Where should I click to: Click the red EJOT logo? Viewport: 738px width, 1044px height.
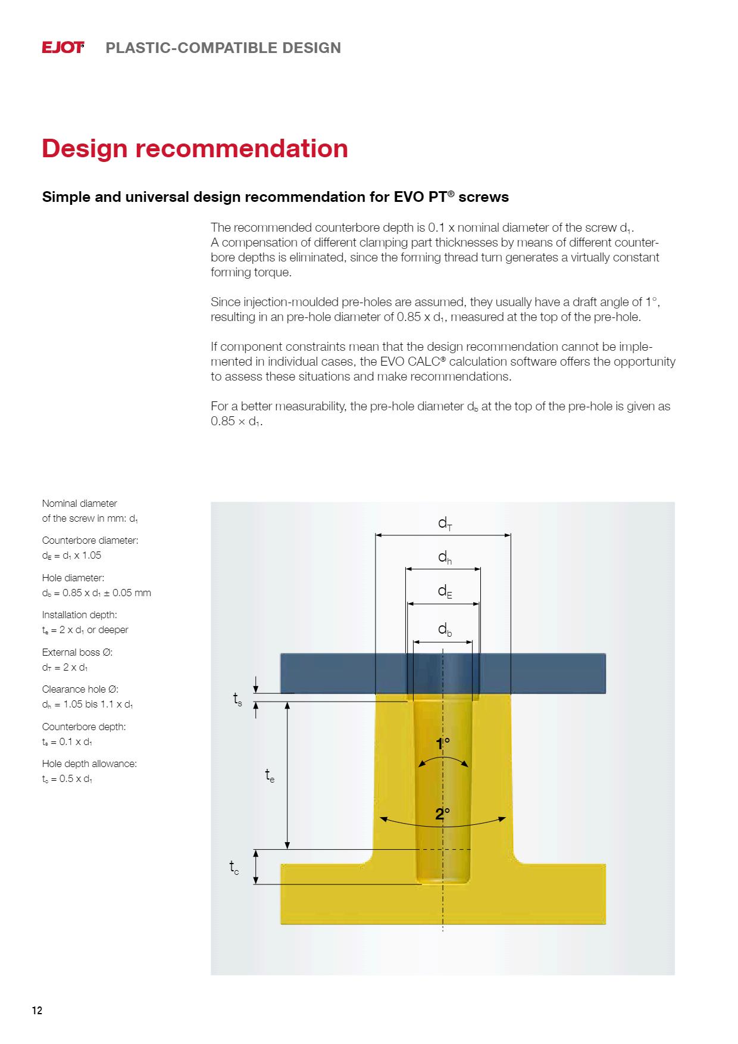[62, 48]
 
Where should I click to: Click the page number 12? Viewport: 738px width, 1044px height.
[37, 1011]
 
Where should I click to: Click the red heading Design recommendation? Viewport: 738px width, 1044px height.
[195, 148]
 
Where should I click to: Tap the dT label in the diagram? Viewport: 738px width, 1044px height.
[445, 523]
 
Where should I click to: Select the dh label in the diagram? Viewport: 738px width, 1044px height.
[445, 557]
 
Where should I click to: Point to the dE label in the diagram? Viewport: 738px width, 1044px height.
[445, 591]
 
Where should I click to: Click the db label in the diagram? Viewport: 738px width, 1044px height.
[445, 629]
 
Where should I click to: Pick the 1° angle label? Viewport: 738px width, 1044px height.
[443, 744]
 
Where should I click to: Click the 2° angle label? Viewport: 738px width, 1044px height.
[442, 814]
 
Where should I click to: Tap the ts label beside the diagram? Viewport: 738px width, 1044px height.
[237, 699]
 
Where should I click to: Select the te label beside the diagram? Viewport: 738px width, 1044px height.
[270, 775]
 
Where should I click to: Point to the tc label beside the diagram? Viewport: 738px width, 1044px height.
[234, 868]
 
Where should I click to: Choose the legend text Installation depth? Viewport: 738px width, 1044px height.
[79, 615]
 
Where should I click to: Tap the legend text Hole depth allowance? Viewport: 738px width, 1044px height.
[89, 763]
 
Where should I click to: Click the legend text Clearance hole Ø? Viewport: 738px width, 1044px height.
[80, 689]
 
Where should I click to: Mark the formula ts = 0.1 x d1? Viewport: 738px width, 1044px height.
[67, 741]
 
